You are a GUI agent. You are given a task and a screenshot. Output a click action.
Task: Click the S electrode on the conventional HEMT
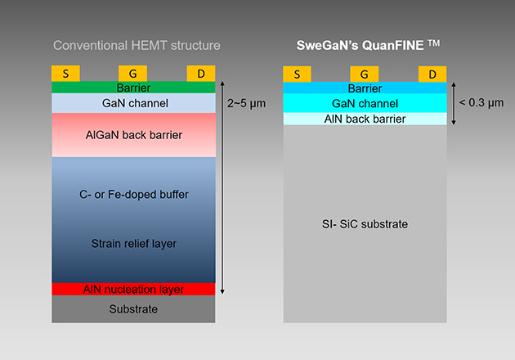pyautogui.click(x=65, y=74)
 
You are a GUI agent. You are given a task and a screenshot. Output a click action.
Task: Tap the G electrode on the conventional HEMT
pyautogui.click(x=132, y=74)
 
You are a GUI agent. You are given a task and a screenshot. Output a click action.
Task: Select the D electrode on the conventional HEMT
pyautogui.click(x=201, y=74)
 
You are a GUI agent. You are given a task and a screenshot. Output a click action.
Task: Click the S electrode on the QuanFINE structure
pyautogui.click(x=297, y=74)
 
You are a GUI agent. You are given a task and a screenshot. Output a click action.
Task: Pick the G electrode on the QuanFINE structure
pyautogui.click(x=365, y=74)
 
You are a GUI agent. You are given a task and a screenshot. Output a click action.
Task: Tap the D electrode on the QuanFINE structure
pyautogui.click(x=432, y=74)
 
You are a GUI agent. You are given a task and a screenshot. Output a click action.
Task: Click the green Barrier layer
pyautogui.click(x=133, y=88)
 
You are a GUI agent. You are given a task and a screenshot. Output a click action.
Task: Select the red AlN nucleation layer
pyautogui.click(x=133, y=289)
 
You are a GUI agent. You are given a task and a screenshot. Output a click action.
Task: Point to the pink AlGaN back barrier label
pyautogui.click(x=133, y=134)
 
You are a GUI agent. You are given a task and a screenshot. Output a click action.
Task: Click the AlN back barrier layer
pyautogui.click(x=365, y=119)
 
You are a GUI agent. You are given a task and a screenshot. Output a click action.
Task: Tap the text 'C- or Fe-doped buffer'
pyautogui.click(x=133, y=194)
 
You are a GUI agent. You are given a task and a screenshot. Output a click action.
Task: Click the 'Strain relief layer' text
pyautogui.click(x=133, y=243)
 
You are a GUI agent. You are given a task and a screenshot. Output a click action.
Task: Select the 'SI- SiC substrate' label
pyautogui.click(x=365, y=223)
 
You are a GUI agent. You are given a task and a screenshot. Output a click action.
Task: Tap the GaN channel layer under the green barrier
pyautogui.click(x=133, y=103)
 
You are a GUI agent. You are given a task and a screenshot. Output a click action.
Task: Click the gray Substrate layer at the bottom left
pyautogui.click(x=133, y=309)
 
